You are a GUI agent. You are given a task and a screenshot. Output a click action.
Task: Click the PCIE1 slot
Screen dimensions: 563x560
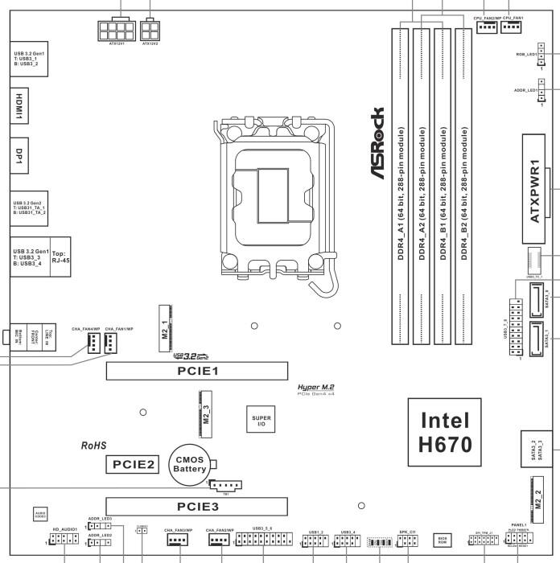click(x=198, y=371)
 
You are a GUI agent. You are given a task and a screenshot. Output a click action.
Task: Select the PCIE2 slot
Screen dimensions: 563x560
click(x=133, y=464)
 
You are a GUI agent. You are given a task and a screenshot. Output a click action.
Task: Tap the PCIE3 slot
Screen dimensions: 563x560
click(x=198, y=507)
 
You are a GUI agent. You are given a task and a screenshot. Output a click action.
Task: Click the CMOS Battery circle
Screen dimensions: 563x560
click(x=191, y=464)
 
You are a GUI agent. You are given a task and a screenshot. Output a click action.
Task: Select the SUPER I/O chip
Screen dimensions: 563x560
click(x=261, y=421)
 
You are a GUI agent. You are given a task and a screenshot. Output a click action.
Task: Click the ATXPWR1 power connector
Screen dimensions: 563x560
click(x=533, y=188)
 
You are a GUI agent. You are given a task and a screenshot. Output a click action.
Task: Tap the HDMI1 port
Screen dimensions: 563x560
click(x=18, y=106)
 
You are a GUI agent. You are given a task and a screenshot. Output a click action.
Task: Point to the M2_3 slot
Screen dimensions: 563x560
click(x=205, y=412)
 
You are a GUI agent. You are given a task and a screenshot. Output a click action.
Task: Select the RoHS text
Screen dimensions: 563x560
click(x=94, y=445)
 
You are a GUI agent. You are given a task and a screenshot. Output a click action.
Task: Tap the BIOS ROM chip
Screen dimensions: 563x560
click(x=443, y=538)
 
